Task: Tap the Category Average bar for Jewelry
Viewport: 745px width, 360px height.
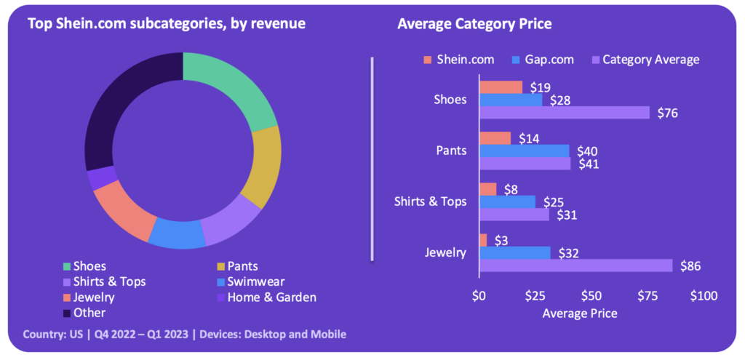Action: pyautogui.click(x=575, y=265)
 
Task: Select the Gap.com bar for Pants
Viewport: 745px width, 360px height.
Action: pyautogui.click(x=524, y=151)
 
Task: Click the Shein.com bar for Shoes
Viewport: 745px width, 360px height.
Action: pyautogui.click(x=501, y=87)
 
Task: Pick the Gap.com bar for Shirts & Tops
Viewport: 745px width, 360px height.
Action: pyautogui.click(x=507, y=201)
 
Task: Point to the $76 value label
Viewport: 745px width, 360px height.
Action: pyautogui.click(x=667, y=113)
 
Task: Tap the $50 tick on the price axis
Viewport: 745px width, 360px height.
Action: pyautogui.click(x=591, y=296)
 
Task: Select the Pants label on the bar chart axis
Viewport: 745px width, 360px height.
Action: pyautogui.click(x=452, y=151)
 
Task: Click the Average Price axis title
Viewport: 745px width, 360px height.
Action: pyautogui.click(x=580, y=313)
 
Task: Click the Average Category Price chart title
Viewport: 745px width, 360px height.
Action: pyautogui.click(x=474, y=24)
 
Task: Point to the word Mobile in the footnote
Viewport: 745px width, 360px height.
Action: pyautogui.click(x=327, y=335)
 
